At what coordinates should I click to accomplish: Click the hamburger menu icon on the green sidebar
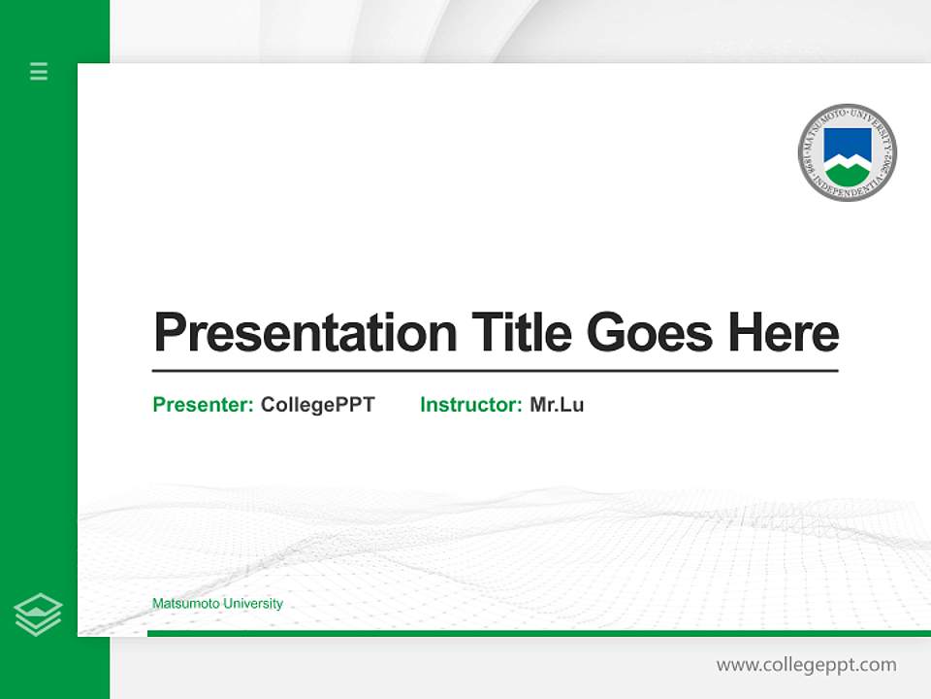[39, 71]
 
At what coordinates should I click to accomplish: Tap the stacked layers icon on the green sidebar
[38, 615]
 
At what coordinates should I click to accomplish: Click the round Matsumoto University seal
[847, 152]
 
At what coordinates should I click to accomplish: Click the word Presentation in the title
[305, 333]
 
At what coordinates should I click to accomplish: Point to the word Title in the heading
[521, 332]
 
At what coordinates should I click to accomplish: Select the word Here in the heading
[784, 332]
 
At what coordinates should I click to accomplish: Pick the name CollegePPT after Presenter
[317, 405]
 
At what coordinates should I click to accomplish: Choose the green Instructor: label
[471, 405]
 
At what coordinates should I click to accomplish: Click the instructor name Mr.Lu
[557, 405]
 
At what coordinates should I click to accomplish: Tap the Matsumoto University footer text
[217, 604]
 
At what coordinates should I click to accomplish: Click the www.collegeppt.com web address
[806, 665]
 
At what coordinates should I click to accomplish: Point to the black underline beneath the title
[495, 370]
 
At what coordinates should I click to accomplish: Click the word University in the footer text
[253, 604]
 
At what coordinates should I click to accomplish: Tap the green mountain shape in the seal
[847, 173]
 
